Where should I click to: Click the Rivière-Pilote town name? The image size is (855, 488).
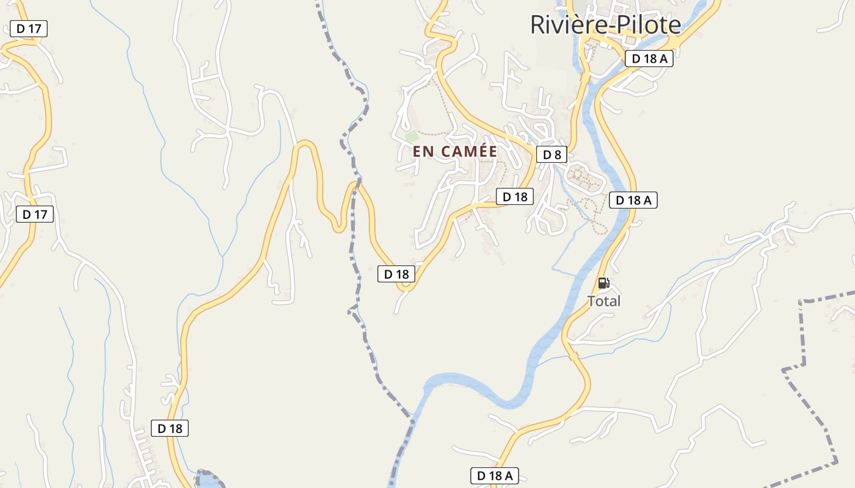tap(605, 25)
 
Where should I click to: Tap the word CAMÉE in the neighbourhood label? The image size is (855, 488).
tap(469, 152)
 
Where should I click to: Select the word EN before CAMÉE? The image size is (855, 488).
tap(423, 152)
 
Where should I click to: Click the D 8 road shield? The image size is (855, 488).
tap(551, 154)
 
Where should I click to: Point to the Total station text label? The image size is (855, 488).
tap(603, 301)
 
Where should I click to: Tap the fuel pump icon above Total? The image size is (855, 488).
tap(603, 282)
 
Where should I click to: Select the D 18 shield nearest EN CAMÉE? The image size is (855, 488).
tap(514, 196)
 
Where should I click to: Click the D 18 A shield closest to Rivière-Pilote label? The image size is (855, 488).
tap(649, 59)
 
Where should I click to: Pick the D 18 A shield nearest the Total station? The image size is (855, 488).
tap(633, 200)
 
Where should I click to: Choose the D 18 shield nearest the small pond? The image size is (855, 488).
tap(170, 428)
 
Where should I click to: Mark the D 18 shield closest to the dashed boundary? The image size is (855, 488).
tap(396, 274)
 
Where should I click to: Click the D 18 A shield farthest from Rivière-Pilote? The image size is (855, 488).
tap(494, 475)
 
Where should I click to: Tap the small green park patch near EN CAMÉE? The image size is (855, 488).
tap(412, 137)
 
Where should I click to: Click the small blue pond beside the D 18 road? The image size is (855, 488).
tap(208, 480)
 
